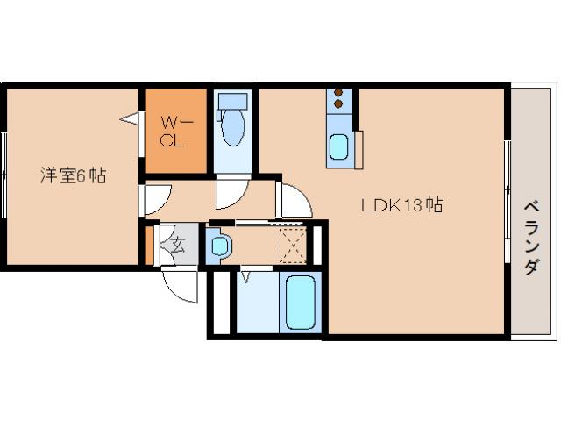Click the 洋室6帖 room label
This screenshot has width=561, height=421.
pos(72,175)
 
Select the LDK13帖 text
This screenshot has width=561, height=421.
pos(402,206)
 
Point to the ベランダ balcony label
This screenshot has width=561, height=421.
pos(531,238)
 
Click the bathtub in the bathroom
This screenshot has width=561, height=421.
pos(300,303)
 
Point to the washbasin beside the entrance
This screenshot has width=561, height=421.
pos(219,246)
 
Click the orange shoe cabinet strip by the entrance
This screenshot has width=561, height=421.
pos(149,246)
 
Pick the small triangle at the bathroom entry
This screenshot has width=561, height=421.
pos(245,278)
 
